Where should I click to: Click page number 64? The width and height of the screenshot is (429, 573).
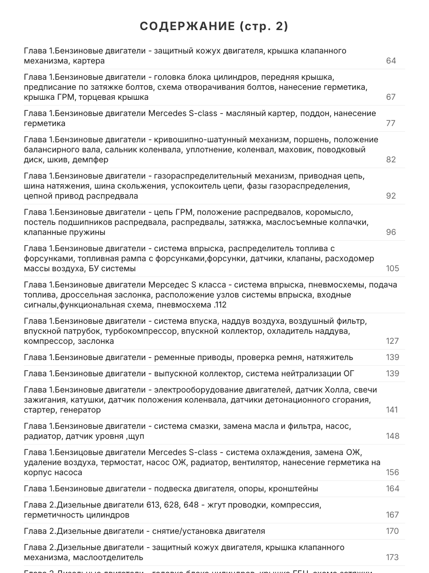391,61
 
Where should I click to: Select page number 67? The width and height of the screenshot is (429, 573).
391,97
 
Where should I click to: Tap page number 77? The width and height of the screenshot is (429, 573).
391,123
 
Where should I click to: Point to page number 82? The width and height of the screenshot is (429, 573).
391,159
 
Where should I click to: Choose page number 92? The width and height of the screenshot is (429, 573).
391,196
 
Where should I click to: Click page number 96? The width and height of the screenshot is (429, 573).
391,232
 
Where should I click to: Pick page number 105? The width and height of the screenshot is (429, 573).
392,268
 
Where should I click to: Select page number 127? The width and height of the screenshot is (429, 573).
392,341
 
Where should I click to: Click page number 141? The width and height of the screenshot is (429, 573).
392,410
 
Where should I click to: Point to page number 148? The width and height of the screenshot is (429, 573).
392,436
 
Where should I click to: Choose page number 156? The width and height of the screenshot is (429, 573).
392,472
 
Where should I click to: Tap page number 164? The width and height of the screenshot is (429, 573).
392,488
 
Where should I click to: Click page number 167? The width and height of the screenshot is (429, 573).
392,515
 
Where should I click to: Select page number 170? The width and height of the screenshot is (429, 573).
392,531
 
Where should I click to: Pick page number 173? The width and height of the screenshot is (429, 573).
392,557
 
